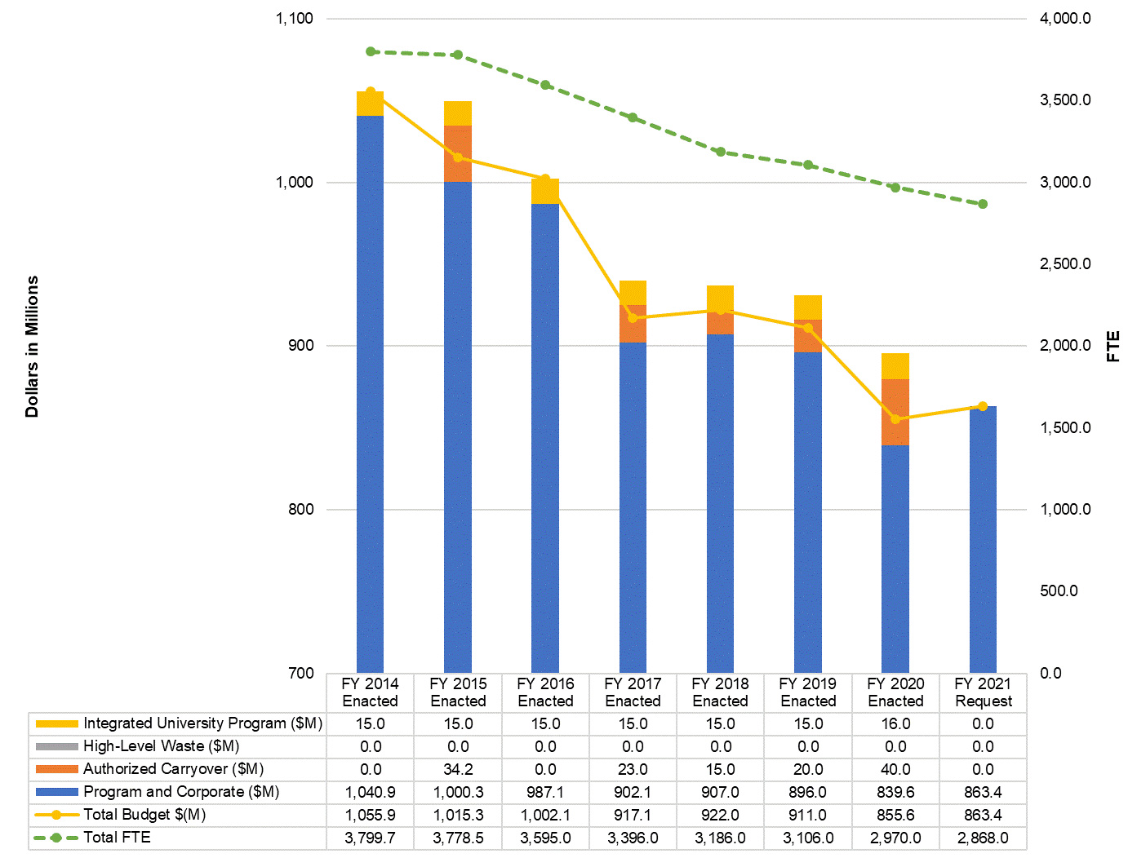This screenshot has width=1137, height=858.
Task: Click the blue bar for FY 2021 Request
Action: (983, 538)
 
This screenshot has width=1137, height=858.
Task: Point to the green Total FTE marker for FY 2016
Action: (545, 85)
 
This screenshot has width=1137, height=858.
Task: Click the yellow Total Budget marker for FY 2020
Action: (895, 419)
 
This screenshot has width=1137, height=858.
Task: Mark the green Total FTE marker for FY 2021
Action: (983, 204)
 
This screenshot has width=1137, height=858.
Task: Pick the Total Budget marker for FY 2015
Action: (458, 157)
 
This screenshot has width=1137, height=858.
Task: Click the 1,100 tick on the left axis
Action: (295, 19)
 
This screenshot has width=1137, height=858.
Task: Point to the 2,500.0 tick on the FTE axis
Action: (1064, 264)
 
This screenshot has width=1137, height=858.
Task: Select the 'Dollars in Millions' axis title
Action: (32, 347)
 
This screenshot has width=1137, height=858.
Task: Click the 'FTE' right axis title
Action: (1113, 347)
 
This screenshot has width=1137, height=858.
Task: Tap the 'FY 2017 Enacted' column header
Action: (633, 692)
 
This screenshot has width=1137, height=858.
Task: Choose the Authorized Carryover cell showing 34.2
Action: (458, 769)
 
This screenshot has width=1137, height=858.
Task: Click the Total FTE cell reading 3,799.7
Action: (371, 838)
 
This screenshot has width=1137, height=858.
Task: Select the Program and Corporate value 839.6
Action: (895, 792)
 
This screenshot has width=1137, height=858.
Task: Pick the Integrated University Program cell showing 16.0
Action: (895, 723)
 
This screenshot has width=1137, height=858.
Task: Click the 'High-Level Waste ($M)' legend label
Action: (162, 746)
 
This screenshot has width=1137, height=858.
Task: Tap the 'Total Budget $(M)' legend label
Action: (144, 815)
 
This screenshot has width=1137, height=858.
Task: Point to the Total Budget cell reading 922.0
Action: (720, 815)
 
